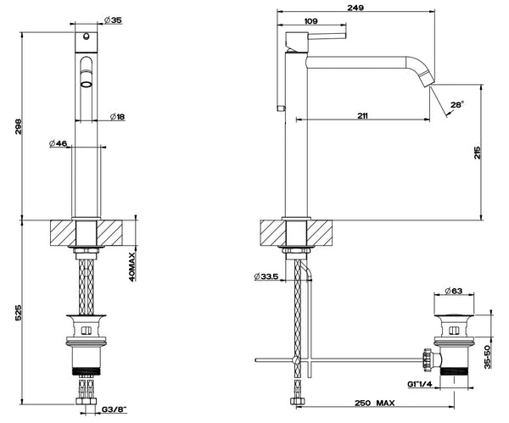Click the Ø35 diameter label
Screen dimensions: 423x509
click(x=112, y=19)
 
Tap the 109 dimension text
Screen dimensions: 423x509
click(x=311, y=23)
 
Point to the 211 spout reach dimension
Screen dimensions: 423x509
click(x=362, y=117)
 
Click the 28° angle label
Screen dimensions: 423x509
click(x=456, y=104)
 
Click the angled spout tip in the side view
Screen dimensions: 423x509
click(x=430, y=86)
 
